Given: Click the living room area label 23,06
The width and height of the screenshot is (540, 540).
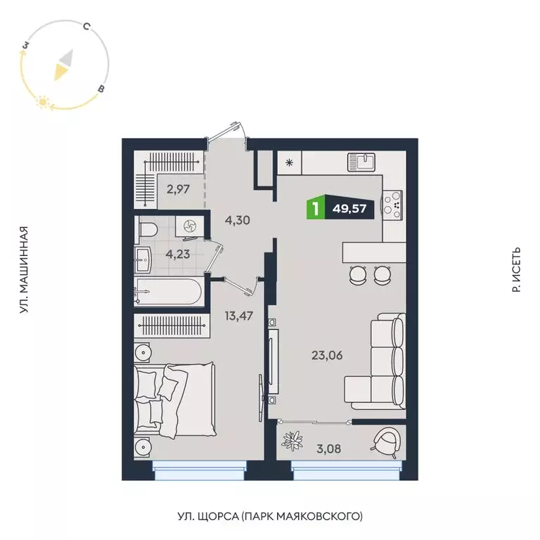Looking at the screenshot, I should pyautogui.click(x=326, y=355).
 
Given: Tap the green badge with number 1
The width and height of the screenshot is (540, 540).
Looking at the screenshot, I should pyautogui.click(x=317, y=209).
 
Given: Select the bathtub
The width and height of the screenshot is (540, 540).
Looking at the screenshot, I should pyautogui.click(x=168, y=292).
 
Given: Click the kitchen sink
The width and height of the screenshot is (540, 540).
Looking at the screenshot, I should pyautogui.click(x=364, y=163).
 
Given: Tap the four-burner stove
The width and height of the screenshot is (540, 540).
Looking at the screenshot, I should pyautogui.click(x=392, y=205).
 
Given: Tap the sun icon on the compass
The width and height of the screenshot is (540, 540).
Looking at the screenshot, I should pyautogui.click(x=43, y=103).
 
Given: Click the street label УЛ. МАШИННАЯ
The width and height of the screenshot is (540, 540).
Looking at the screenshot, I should pyautogui.click(x=25, y=270).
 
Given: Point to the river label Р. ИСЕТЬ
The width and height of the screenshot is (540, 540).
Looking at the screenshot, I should pyautogui.click(x=517, y=270).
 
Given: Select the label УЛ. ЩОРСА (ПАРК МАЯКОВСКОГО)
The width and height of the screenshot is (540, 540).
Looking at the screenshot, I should pyautogui.click(x=270, y=517).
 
